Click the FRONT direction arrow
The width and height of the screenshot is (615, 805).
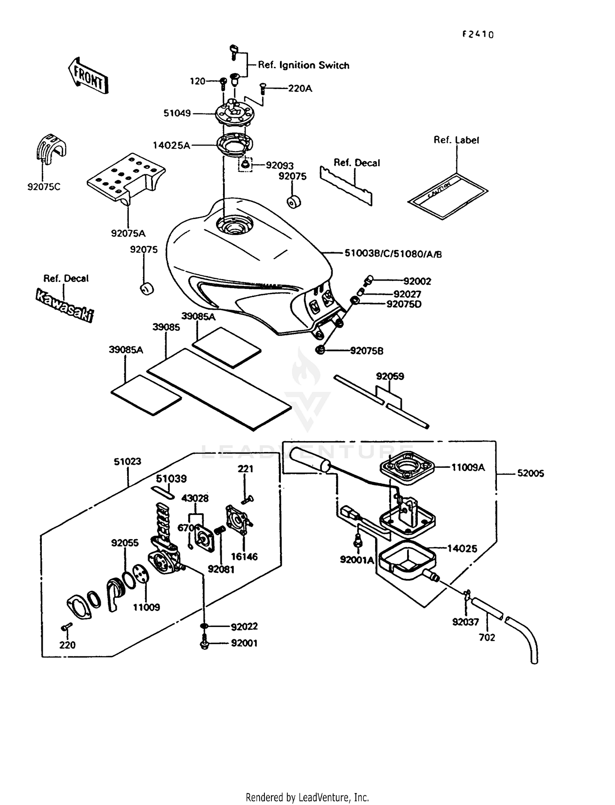[x=88, y=76]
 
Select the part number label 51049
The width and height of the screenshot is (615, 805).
[x=177, y=113]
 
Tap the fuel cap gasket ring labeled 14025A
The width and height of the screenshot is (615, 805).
[x=235, y=145]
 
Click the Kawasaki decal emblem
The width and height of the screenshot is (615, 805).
[x=64, y=305]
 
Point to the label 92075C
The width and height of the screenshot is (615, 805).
[x=44, y=187]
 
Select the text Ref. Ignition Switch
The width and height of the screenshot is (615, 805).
[x=303, y=65]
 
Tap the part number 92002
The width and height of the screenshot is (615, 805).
[x=417, y=281]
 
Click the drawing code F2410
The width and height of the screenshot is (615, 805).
[x=478, y=35]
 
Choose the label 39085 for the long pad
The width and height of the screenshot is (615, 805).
[x=166, y=327]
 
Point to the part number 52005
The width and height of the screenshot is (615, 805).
[x=531, y=473]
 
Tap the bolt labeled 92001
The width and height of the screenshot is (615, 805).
[x=204, y=643]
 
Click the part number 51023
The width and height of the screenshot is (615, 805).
[x=128, y=462]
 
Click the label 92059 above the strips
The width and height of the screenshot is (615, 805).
[x=390, y=376]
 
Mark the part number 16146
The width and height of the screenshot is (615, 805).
[x=244, y=557]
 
